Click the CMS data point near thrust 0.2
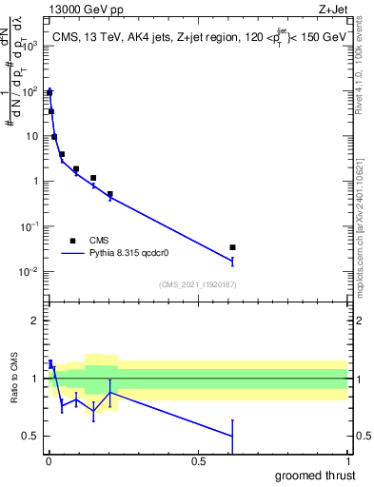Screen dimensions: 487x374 (x=110, y=194)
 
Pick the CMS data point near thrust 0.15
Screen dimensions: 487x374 (x=93, y=178)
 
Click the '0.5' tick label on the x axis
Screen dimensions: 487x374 (x=198, y=460)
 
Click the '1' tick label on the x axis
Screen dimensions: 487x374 (x=348, y=460)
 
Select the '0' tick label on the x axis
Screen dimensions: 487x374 (x=49, y=460)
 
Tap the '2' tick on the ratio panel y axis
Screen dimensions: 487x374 (x=36, y=321)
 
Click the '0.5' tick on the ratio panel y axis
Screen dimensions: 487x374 (x=31, y=436)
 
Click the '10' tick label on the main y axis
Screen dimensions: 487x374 (x=32, y=136)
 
